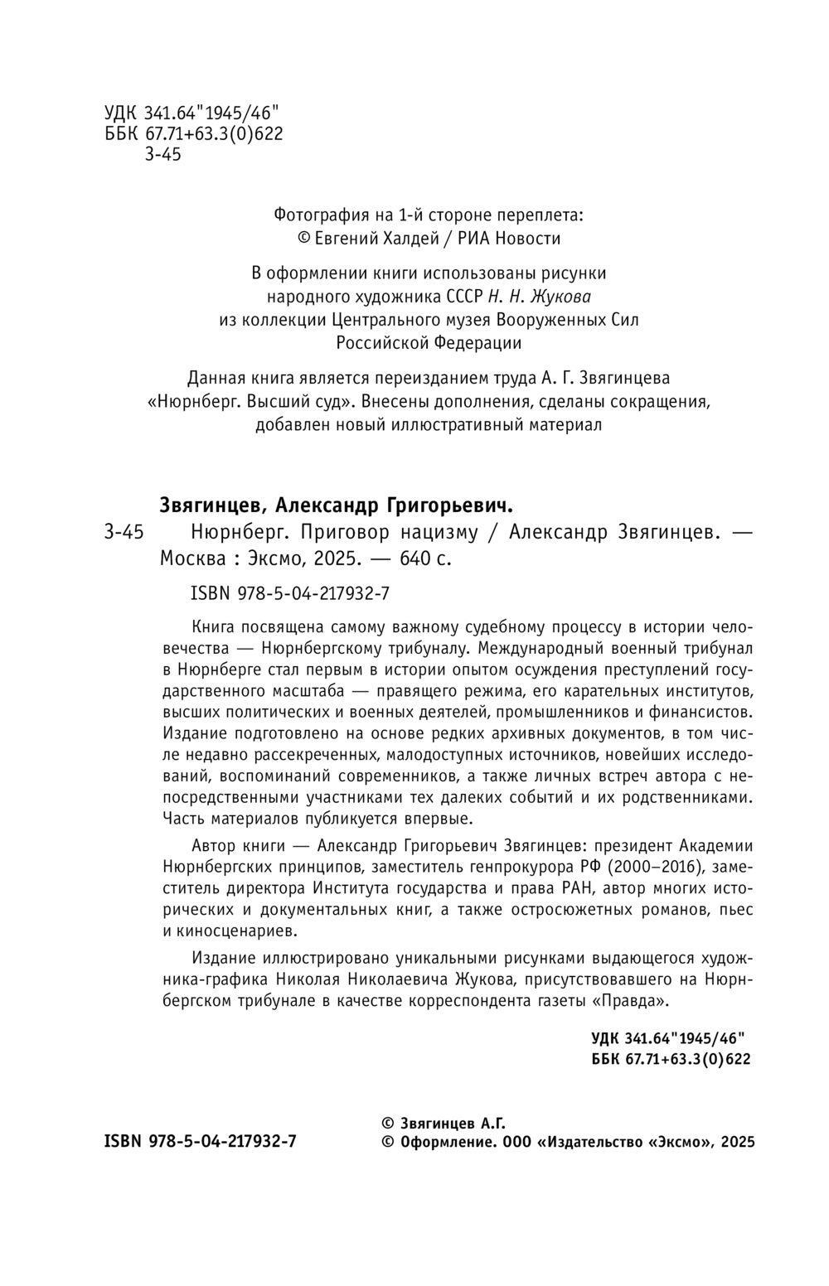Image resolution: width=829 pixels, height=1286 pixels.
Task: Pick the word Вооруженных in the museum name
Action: click(555, 320)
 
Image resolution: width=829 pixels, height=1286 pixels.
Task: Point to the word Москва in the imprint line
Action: click(192, 559)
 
